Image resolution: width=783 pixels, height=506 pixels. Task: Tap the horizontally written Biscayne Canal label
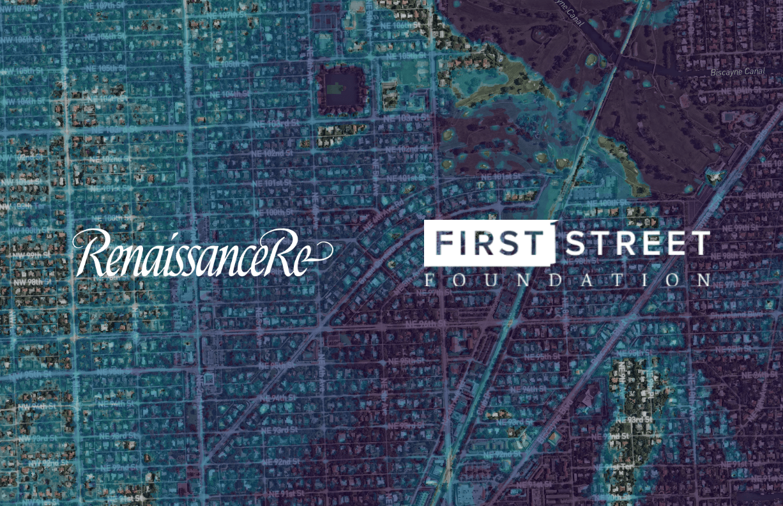[737, 72]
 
